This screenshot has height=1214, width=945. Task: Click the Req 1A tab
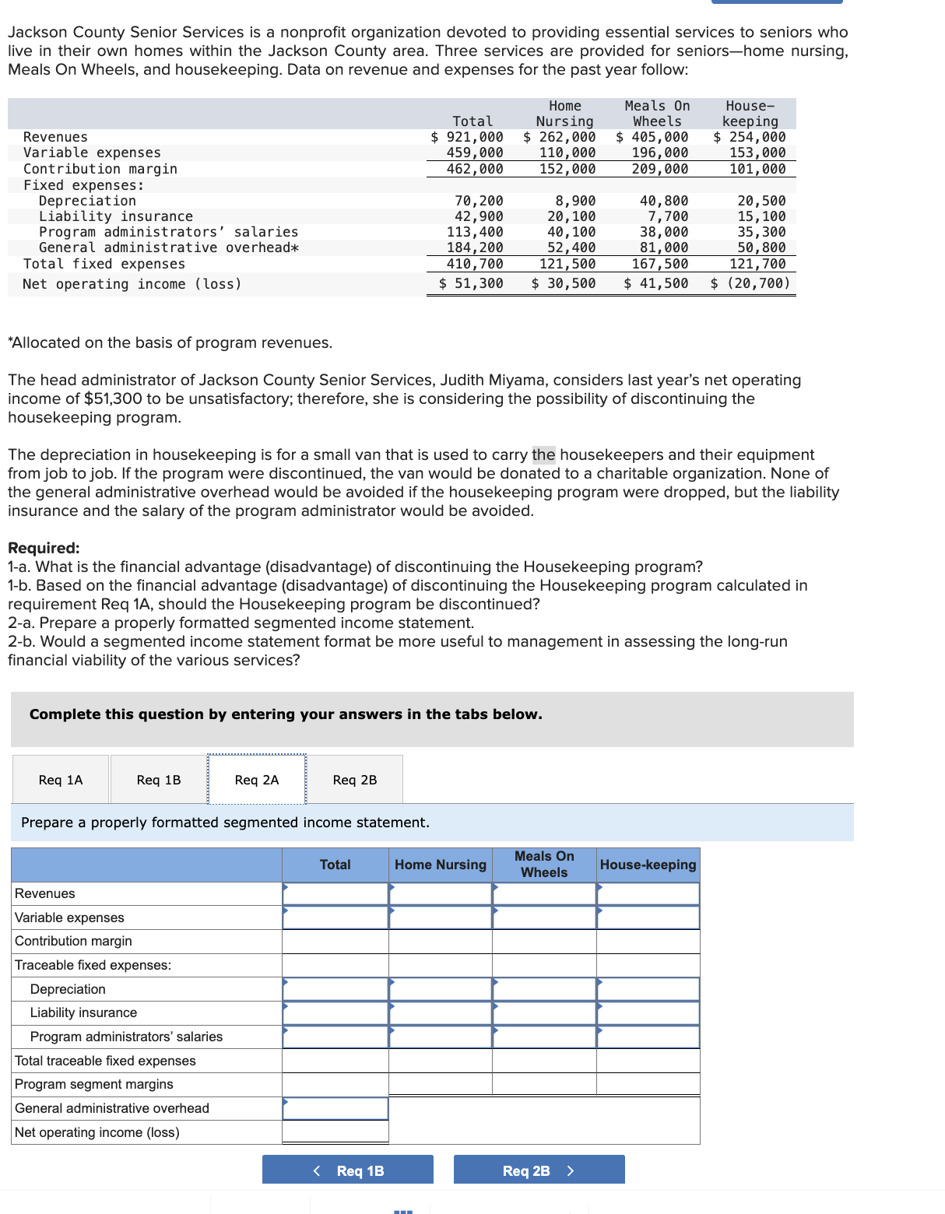pyautogui.click(x=61, y=780)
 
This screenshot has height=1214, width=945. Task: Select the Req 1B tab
pyautogui.click(x=159, y=780)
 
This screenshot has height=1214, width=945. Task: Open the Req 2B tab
pyautogui.click(x=355, y=780)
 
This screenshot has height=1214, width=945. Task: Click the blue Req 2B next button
pyautogui.click(x=539, y=1170)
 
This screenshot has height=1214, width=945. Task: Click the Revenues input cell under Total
pyautogui.click(x=335, y=893)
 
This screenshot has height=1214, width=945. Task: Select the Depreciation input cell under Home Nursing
pyautogui.click(x=441, y=989)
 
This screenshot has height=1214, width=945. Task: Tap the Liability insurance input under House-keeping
pyautogui.click(x=648, y=1012)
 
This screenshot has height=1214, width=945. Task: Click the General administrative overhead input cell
pyautogui.click(x=335, y=1108)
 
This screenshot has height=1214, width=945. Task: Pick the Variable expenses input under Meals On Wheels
pyautogui.click(x=544, y=918)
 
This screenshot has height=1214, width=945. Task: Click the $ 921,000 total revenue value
pyautogui.click(x=468, y=137)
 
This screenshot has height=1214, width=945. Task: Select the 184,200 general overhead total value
pyautogui.click(x=475, y=247)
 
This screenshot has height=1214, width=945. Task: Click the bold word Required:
pyautogui.click(x=44, y=548)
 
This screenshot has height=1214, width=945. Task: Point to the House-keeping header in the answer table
pyautogui.click(x=648, y=865)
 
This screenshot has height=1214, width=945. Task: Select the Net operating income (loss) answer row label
pyautogui.click(x=97, y=1132)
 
